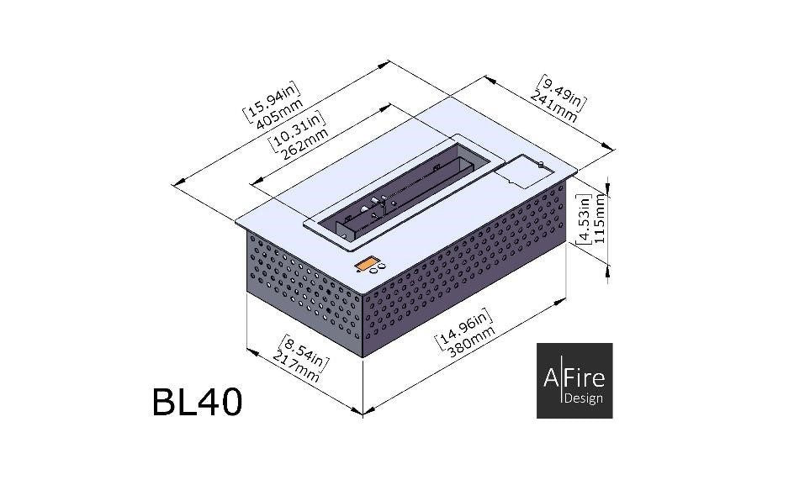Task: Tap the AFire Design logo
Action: coord(574,380)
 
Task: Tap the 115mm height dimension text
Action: coord(600,219)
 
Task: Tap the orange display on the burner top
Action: coord(366,266)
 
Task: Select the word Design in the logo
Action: coord(584,398)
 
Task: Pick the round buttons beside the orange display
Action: coord(382,266)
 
